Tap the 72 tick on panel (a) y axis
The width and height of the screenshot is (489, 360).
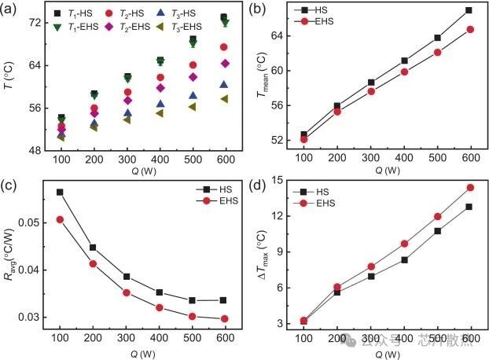tap(35, 23)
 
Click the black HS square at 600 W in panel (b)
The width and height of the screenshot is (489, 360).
tap(469, 10)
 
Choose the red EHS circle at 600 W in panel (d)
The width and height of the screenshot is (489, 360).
tap(470, 188)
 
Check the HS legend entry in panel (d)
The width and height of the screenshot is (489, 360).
tap(308, 191)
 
